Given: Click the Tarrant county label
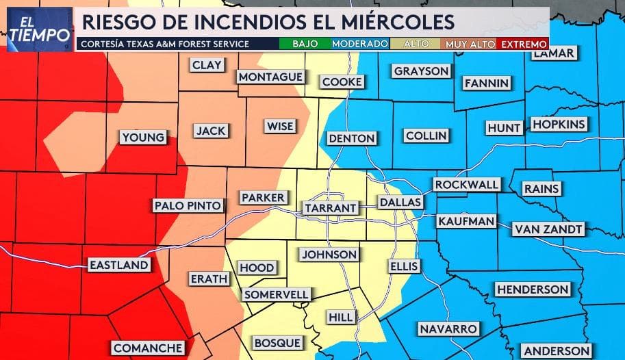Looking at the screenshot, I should pyautogui.click(x=331, y=207).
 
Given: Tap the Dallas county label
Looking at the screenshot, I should pyautogui.click(x=400, y=203).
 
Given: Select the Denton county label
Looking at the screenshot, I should pyautogui.click(x=352, y=138).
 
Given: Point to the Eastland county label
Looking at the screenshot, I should pyautogui.click(x=118, y=265).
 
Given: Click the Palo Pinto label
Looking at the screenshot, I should pyautogui.click(x=188, y=205).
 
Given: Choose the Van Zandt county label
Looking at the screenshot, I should pyautogui.click(x=548, y=229).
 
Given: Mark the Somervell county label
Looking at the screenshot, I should pyautogui.click(x=276, y=294).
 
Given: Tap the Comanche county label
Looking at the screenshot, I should pyautogui.click(x=148, y=348).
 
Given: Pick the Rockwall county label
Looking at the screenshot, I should pyautogui.click(x=466, y=185).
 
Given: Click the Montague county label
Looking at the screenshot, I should pyautogui.click(x=270, y=76).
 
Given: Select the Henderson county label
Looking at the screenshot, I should pyautogui.click(x=533, y=290).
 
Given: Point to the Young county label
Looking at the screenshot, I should pyautogui.click(x=143, y=138).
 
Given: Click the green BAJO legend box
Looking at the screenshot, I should pyautogui.click(x=304, y=44).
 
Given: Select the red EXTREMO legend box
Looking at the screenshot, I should pyautogui.click(x=524, y=44).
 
